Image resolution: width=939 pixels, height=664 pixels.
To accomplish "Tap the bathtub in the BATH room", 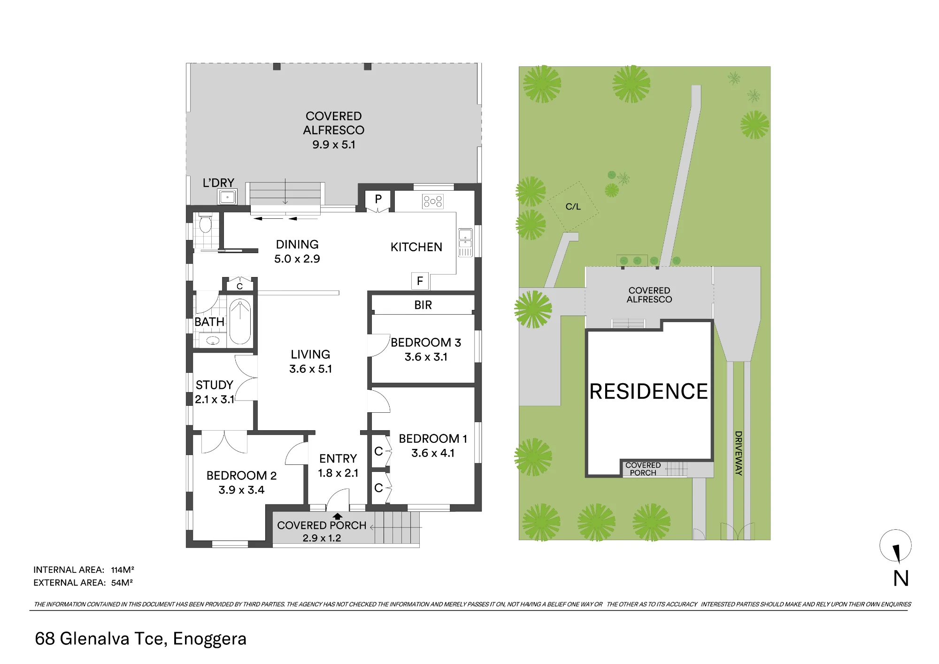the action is pos(240,322).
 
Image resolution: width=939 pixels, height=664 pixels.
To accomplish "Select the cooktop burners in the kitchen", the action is pos(432,201).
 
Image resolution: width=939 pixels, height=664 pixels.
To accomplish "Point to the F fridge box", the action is pos(420,281).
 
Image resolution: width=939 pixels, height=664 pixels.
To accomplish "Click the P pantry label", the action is pos(378,199).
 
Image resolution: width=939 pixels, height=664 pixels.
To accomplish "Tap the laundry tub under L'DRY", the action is pos(227,197).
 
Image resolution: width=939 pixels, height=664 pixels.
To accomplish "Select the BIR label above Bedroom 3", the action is pos(423,305).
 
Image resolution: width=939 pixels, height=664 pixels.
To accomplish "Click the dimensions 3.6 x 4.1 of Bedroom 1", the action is pos(433,453).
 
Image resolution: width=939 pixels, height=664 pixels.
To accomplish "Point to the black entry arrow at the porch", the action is pos(338,517).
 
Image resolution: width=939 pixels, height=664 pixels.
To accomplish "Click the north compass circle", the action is pos(895,546).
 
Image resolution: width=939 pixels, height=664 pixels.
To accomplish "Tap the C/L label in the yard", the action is pos(573,207).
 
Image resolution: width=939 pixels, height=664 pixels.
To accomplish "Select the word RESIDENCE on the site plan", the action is pos(648,392).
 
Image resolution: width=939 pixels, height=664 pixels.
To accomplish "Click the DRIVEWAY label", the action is pos(739,453).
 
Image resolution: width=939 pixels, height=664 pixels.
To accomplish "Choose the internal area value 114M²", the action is pos(123,570).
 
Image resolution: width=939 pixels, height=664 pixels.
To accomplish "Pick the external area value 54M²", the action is pos(122,583).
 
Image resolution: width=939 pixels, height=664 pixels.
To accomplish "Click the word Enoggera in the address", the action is pos(210,639).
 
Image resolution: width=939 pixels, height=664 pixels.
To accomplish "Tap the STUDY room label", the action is pos(215,385).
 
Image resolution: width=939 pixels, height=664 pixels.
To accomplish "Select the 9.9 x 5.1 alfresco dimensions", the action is pos(334,145).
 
